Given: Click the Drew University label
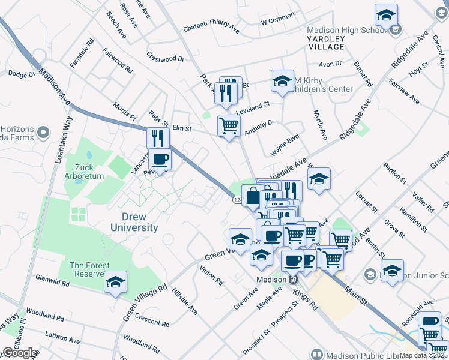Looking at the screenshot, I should point(134,222).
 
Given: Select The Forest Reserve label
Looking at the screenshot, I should point(89,269).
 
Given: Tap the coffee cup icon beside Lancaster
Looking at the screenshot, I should point(160,160).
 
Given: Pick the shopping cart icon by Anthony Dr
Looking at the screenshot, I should point(229,126).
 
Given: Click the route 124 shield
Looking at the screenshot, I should point(238,199).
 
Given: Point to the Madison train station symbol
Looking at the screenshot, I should point(294,280).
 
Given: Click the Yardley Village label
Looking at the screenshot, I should point(325,43).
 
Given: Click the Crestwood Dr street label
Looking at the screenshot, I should point(165,58).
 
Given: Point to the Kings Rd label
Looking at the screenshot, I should point(306,299).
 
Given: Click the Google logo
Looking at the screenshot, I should point(19,353).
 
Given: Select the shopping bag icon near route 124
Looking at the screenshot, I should point(253,196).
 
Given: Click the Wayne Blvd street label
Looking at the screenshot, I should point(285,145).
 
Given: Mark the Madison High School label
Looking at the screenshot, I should point(346,31).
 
